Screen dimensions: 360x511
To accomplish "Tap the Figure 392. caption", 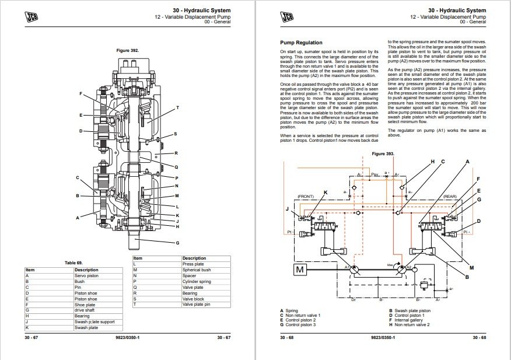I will [127, 51].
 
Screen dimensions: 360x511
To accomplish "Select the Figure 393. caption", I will [383, 153].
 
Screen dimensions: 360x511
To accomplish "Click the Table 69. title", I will [73, 263].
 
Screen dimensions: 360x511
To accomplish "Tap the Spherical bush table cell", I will [197, 270].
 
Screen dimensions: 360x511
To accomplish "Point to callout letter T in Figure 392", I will [177, 108].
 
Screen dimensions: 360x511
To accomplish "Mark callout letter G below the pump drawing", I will [177, 243].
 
